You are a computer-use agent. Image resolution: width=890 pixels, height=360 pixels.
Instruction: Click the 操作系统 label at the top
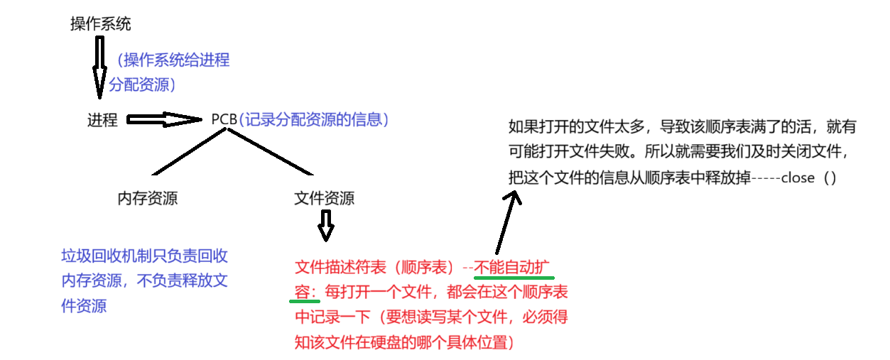[x=100, y=23]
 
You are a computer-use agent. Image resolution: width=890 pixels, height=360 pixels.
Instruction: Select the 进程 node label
[x=102, y=120]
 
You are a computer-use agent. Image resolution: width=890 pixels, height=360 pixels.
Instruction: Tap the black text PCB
[x=224, y=119]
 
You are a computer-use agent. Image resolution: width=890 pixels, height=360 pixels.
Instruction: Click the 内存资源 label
[x=147, y=198]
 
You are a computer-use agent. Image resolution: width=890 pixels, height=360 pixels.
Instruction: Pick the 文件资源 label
[x=324, y=198]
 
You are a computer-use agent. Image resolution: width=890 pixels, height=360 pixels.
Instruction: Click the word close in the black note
[x=797, y=178]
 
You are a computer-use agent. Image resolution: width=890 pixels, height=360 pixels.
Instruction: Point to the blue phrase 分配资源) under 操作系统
[x=143, y=84]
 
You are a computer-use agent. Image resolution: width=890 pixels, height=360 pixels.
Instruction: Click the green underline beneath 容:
[x=305, y=301]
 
